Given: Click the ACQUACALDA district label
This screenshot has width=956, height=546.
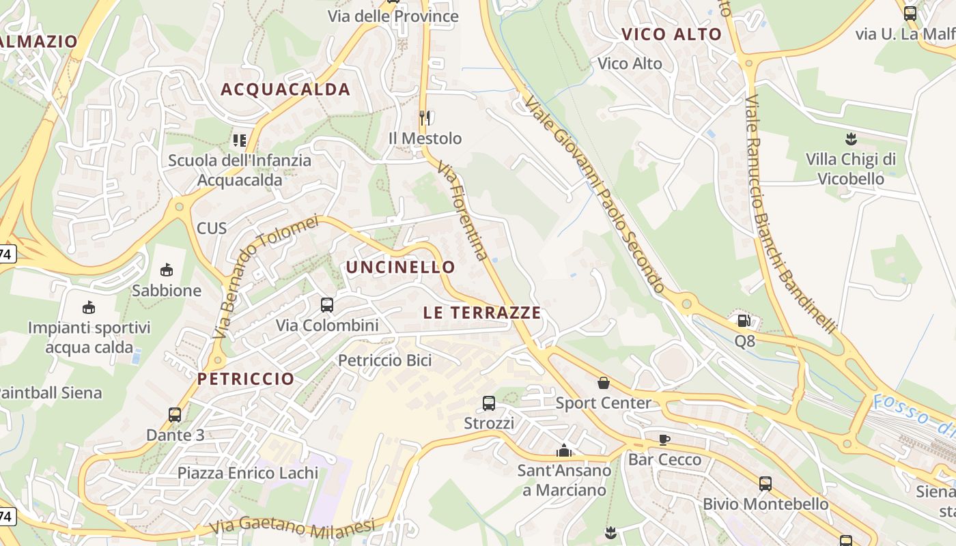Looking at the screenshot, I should [x=285, y=89].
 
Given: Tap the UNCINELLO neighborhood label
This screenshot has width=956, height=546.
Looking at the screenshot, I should [x=400, y=267].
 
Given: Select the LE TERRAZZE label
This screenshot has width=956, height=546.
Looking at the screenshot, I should [x=482, y=313].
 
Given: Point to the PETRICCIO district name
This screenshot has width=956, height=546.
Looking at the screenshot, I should [x=246, y=379].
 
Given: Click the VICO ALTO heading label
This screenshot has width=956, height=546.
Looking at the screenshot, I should [x=671, y=35].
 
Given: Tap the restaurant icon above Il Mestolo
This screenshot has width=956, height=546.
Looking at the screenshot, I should [x=425, y=117].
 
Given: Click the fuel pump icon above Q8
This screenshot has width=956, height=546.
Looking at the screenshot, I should [x=744, y=319].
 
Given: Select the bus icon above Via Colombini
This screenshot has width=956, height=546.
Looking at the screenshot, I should [x=326, y=305].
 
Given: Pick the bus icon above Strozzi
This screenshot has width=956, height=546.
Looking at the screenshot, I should [x=489, y=403].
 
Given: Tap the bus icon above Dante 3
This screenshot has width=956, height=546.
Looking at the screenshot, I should [x=175, y=414].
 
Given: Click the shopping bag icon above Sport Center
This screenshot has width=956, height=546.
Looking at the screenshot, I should [x=604, y=383].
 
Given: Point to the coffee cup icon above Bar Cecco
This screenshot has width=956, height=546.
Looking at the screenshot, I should [x=664, y=440].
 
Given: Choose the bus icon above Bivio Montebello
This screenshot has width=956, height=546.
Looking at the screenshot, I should [x=765, y=484].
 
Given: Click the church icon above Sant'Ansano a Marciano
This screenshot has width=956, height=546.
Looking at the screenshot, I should [x=564, y=450].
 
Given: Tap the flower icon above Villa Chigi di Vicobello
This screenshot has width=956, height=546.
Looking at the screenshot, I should [x=850, y=140].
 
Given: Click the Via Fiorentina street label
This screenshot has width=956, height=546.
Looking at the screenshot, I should [x=463, y=211].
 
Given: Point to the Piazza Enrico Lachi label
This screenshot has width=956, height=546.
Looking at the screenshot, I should [x=248, y=473].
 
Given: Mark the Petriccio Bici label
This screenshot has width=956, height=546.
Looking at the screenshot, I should [x=385, y=360].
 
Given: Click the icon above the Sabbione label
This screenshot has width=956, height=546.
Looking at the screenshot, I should [x=166, y=270].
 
